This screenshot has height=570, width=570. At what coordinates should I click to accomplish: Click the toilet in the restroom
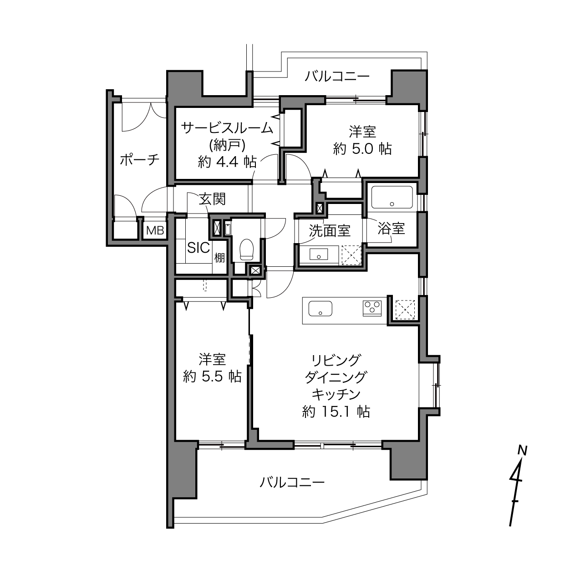tap(246, 249)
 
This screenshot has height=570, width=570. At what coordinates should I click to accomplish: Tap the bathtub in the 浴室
tap(392, 197)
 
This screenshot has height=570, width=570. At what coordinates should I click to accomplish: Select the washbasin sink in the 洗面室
tap(319, 254)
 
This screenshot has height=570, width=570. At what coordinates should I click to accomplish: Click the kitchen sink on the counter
tap(321, 309)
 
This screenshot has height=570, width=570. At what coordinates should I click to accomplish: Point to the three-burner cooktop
tap(372, 308)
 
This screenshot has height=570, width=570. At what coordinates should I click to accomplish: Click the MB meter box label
tap(155, 230)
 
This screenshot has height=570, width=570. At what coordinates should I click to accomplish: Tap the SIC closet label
tap(198, 248)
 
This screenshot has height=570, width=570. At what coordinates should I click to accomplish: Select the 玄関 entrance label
tap(212, 199)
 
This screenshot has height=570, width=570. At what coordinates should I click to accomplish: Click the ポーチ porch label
tap(140, 160)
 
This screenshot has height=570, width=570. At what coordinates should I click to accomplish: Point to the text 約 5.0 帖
tap(362, 149)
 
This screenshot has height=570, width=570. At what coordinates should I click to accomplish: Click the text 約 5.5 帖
tap(212, 377)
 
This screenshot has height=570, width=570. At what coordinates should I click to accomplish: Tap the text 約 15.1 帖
tap(336, 412)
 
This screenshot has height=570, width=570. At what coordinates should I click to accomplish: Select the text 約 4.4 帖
tap(227, 162)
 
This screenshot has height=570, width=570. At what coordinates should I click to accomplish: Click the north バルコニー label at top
tap(337, 77)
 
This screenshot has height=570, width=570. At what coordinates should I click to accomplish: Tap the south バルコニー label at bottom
tap(292, 483)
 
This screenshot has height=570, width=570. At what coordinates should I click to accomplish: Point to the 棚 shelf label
tap(219, 257)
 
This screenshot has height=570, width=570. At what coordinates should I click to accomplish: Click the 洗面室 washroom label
tap(330, 230)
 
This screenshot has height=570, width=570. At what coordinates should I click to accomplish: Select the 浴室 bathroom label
tap(391, 229)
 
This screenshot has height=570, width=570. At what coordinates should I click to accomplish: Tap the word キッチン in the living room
tap(336, 394)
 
